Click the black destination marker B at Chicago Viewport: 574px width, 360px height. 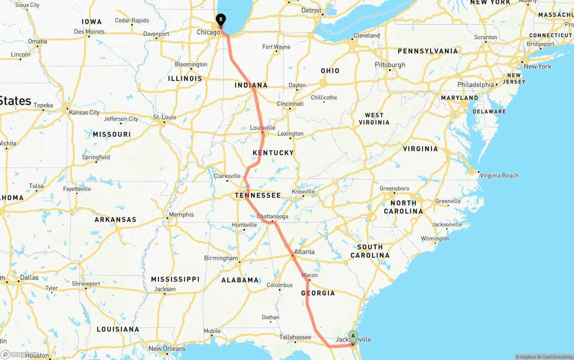221,20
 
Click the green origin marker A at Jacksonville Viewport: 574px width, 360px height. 353,336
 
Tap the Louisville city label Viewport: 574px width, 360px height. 262,128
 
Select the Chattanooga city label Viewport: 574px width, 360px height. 272,217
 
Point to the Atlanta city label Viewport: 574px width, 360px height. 304,252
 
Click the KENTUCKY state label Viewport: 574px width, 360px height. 273,152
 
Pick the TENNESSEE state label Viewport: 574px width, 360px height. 258,195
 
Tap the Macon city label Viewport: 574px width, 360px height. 309,275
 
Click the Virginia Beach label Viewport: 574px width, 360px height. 499,175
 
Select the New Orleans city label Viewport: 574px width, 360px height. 167,348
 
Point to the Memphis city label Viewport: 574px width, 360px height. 182,214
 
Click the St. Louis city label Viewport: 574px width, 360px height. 165,117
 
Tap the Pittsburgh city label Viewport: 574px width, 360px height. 390,65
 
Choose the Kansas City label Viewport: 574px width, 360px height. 84,112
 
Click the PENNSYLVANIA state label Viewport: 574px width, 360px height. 428,51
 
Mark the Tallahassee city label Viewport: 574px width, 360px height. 295,337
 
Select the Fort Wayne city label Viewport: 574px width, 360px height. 276,47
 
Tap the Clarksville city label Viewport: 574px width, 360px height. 227,176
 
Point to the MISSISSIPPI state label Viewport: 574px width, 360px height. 175,279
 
